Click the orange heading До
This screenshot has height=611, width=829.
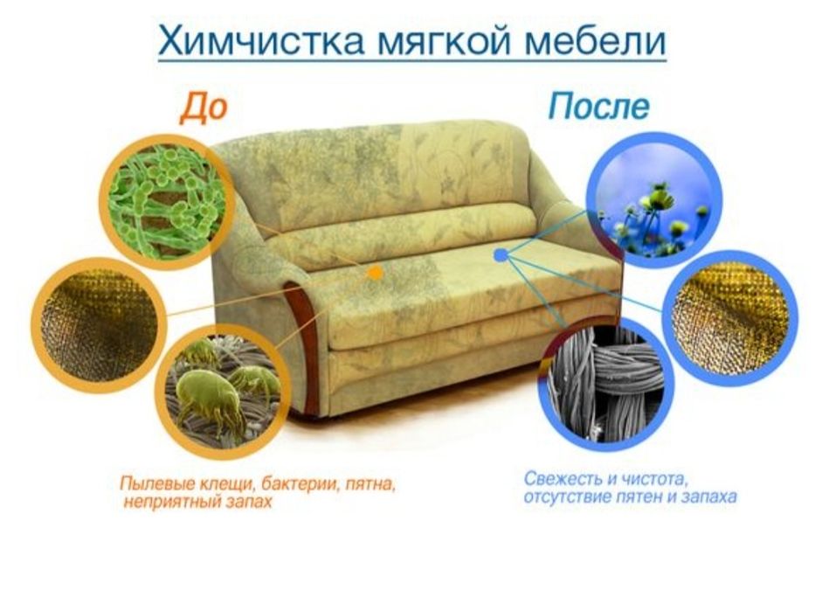pos(204,108)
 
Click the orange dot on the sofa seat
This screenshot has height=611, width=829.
pos(376,273)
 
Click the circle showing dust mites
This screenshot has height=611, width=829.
pos(222,391)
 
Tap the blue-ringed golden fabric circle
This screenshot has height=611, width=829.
pos(730,318)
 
